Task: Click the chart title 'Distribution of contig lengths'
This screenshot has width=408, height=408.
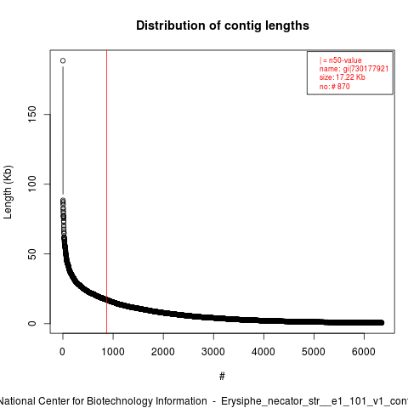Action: click(x=223, y=25)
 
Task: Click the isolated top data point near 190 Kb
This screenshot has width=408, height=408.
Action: click(x=63, y=60)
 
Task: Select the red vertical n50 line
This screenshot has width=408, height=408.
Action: click(x=107, y=191)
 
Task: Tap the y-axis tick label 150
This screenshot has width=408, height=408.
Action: click(x=32, y=114)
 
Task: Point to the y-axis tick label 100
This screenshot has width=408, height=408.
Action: click(x=32, y=184)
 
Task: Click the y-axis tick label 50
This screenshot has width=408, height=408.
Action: click(x=32, y=253)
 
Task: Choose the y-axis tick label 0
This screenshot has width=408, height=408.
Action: click(x=32, y=323)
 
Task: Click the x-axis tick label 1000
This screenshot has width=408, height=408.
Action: click(x=113, y=352)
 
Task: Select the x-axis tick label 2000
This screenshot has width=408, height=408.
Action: click(x=163, y=352)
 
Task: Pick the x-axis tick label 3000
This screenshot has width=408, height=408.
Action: click(x=213, y=352)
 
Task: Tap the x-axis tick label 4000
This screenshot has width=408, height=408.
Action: click(x=263, y=352)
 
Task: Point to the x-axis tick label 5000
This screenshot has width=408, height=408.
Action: click(x=314, y=352)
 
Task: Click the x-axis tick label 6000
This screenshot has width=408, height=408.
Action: click(x=364, y=352)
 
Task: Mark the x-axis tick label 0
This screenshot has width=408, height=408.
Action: click(x=62, y=352)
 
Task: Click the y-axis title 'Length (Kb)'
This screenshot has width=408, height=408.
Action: click(x=8, y=192)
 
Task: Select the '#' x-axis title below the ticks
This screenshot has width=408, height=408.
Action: click(x=222, y=377)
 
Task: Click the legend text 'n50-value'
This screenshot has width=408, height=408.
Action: click(x=345, y=60)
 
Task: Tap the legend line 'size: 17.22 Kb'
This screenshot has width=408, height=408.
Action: click(x=343, y=77)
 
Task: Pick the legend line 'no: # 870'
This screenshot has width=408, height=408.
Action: click(x=335, y=86)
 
